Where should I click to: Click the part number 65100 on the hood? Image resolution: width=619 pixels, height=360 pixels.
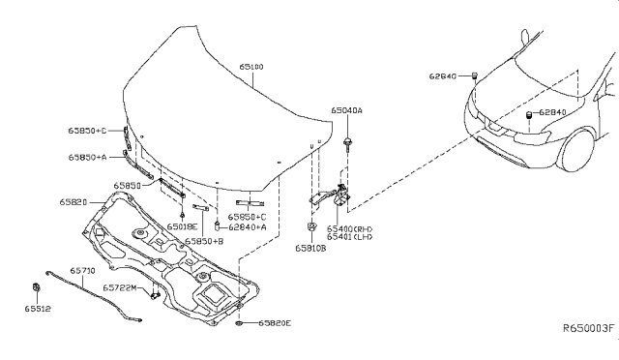pos(254,67)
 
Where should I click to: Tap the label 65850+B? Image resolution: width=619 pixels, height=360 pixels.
pos(204,241)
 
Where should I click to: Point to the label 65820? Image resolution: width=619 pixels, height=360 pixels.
pos(74,202)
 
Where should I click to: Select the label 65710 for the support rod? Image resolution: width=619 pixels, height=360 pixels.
pos(82,272)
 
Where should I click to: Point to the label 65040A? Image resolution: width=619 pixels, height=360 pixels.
pos(345,111)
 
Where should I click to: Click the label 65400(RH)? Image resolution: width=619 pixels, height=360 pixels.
pos(350,227)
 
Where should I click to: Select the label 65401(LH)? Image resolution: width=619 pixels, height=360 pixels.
pos(350,237)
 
